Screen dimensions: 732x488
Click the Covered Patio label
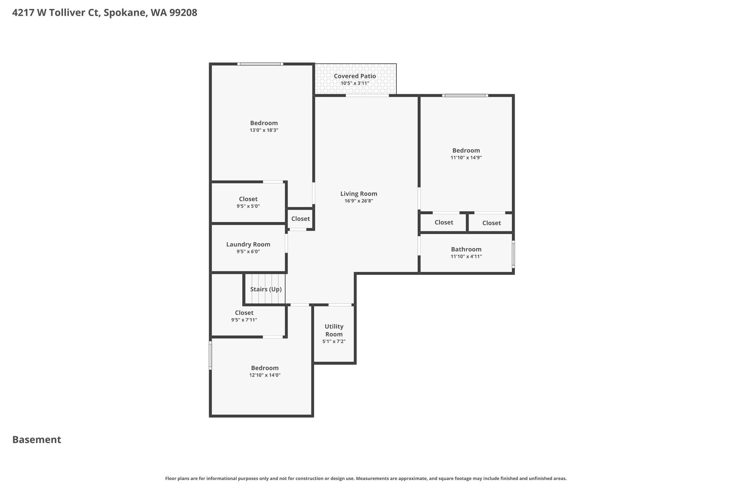click(355, 76)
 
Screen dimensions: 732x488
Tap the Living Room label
click(359, 194)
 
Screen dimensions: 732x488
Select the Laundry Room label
click(248, 245)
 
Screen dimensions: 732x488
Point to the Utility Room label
click(334, 330)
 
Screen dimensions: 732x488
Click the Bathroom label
click(466, 249)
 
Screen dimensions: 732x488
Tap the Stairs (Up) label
click(266, 289)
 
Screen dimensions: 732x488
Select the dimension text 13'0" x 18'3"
click(264, 130)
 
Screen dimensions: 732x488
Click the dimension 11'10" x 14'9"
click(466, 158)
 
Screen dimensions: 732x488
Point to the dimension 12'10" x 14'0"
click(265, 375)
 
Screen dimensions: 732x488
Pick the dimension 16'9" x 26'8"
click(359, 201)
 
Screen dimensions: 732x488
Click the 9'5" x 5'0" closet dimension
click(248, 206)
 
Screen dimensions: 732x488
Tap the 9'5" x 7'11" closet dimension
click(244, 320)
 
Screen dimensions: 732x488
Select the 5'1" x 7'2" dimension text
click(334, 341)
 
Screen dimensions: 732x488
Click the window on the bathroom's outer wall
click(514, 254)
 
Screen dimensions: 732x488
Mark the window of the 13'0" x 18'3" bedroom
click(260, 64)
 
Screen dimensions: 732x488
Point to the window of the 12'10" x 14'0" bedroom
click(210, 355)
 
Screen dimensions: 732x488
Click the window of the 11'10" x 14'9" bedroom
click(465, 95)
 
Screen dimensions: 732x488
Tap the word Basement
click(37, 440)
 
